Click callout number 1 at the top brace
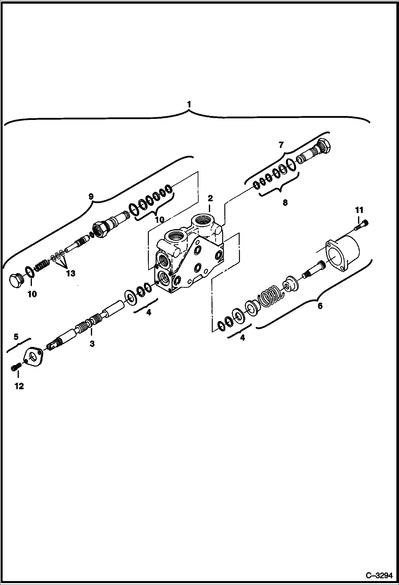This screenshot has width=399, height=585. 189,104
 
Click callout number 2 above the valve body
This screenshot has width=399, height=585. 210,198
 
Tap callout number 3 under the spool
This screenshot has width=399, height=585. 92,344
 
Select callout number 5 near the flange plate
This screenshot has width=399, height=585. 16,337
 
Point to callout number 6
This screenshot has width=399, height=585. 320,306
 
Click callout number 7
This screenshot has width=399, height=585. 281,145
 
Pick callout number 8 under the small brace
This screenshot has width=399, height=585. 285,203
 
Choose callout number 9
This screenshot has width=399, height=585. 91,197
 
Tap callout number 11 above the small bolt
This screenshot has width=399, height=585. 359,210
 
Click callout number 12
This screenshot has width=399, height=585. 19,386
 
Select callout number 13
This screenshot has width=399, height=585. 71,273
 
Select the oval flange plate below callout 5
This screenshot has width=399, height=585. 33,357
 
